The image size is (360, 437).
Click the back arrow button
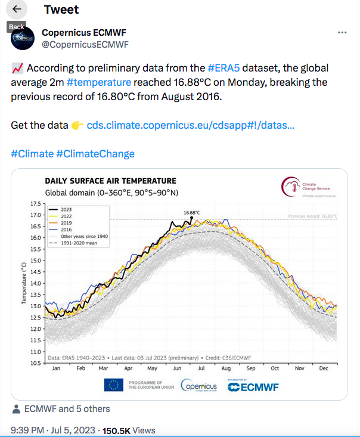tap(17, 10)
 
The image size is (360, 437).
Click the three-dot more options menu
tap(342, 32)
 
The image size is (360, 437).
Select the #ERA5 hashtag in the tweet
tap(226, 68)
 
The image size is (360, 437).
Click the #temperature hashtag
tap(99, 82)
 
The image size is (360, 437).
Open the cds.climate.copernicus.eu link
tap(190, 125)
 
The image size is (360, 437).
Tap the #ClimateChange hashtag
tap(95, 154)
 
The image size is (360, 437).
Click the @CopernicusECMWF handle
tap(85, 44)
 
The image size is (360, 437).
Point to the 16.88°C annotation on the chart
tap(191, 212)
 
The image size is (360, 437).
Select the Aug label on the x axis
tap(226, 368)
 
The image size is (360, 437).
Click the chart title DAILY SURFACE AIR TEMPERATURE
tap(110, 181)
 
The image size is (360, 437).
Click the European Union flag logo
tap(113, 386)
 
